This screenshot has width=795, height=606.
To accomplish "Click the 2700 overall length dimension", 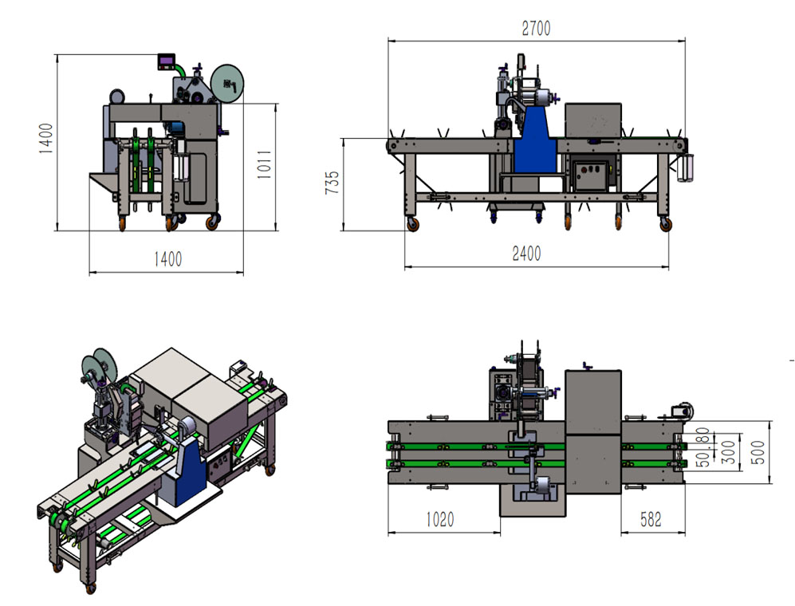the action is [x=536, y=29].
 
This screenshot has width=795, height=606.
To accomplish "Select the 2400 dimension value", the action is [x=526, y=253].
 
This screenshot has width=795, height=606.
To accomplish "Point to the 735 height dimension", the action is [x=332, y=183].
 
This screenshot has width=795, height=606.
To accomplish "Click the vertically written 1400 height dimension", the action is [x=45, y=139].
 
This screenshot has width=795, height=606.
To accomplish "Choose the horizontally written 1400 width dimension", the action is [x=167, y=259].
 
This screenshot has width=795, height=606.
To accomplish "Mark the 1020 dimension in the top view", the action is [x=439, y=519].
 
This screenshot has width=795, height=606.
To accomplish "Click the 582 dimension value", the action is [x=651, y=519].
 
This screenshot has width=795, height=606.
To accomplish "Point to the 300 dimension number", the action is [x=728, y=452].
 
